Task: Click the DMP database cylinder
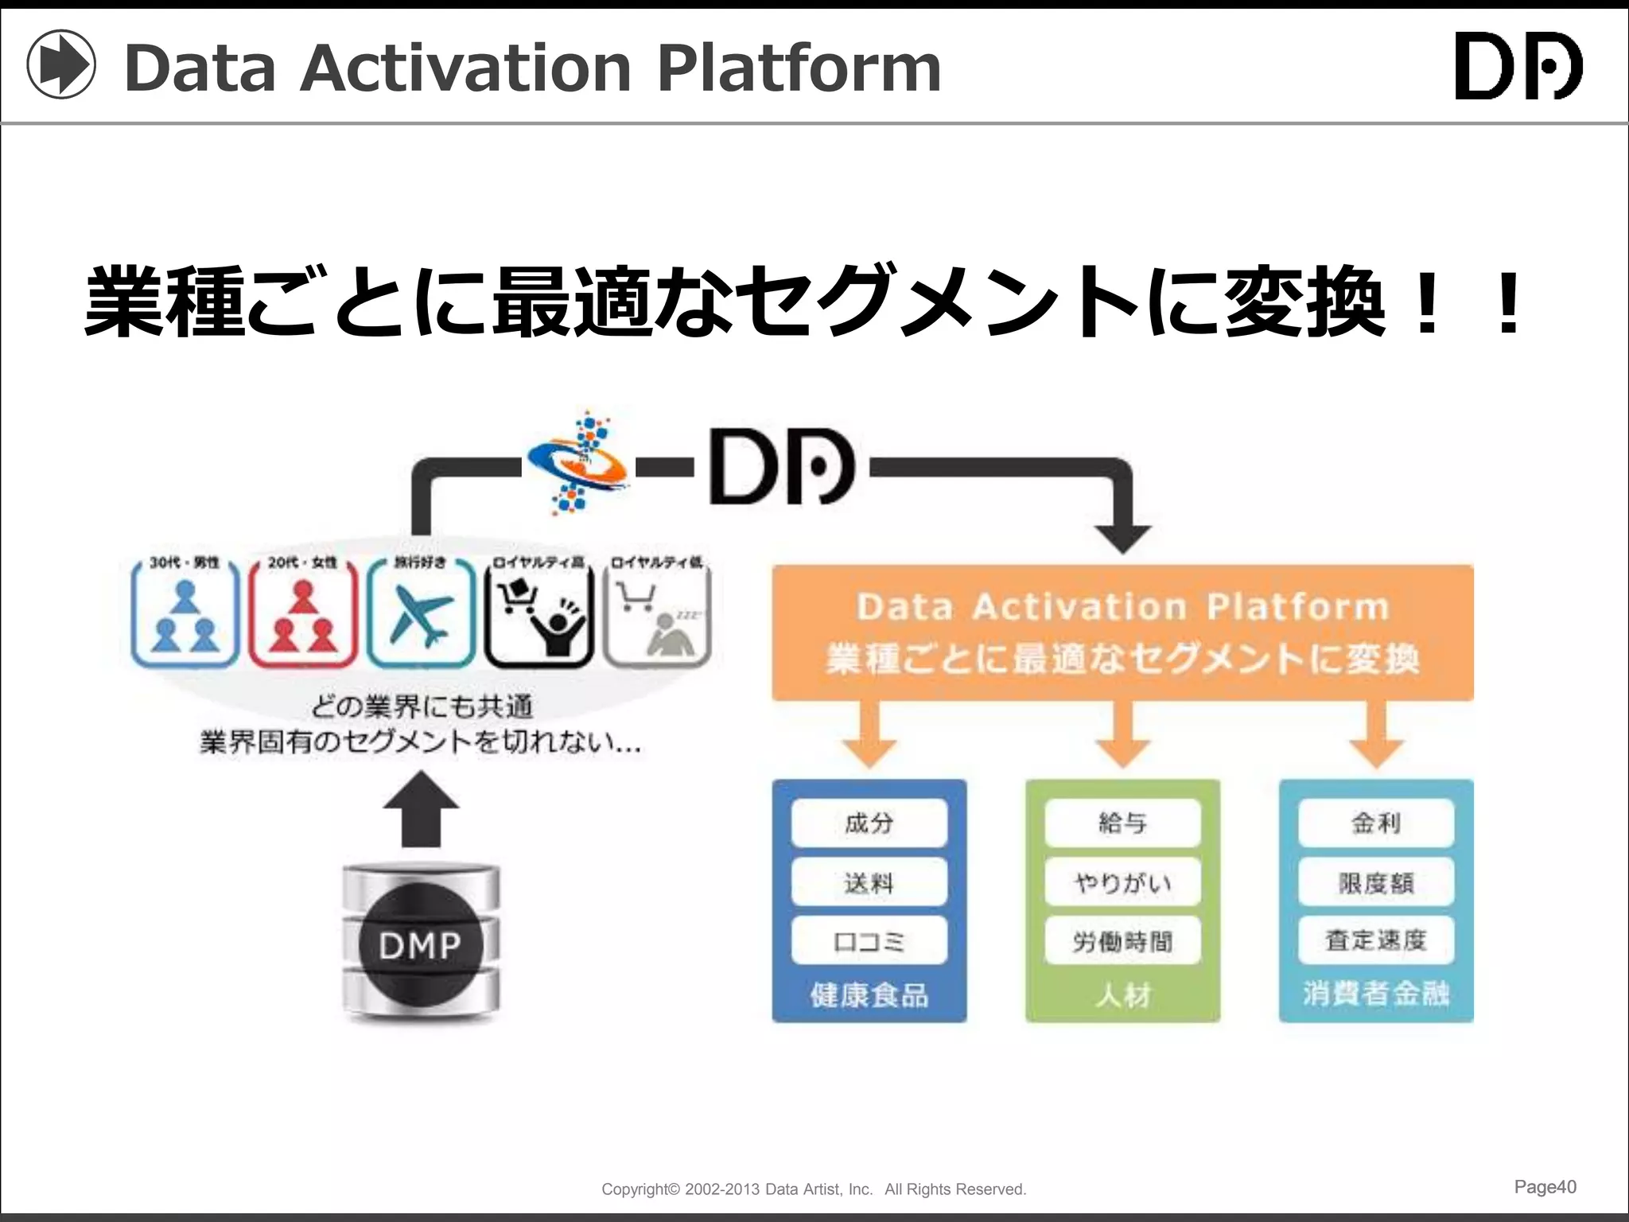[421, 944]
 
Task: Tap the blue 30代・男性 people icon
[185, 615]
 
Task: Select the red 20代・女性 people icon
[303, 615]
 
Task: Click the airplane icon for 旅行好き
[421, 615]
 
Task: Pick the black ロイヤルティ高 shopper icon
[539, 615]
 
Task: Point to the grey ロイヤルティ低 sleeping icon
[657, 615]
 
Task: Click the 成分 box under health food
[869, 823]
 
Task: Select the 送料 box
[869, 881]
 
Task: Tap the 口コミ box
[869, 941]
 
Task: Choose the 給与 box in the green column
[1122, 823]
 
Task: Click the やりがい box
[1122, 881]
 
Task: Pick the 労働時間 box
[1122, 941]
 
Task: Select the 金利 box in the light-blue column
[1376, 823]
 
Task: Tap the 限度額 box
[1376, 881]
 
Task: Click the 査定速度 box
[1376, 941]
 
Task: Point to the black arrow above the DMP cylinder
[421, 808]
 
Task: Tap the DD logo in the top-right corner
[1518, 66]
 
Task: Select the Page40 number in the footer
[1545, 1186]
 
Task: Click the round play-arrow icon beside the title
[61, 64]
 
